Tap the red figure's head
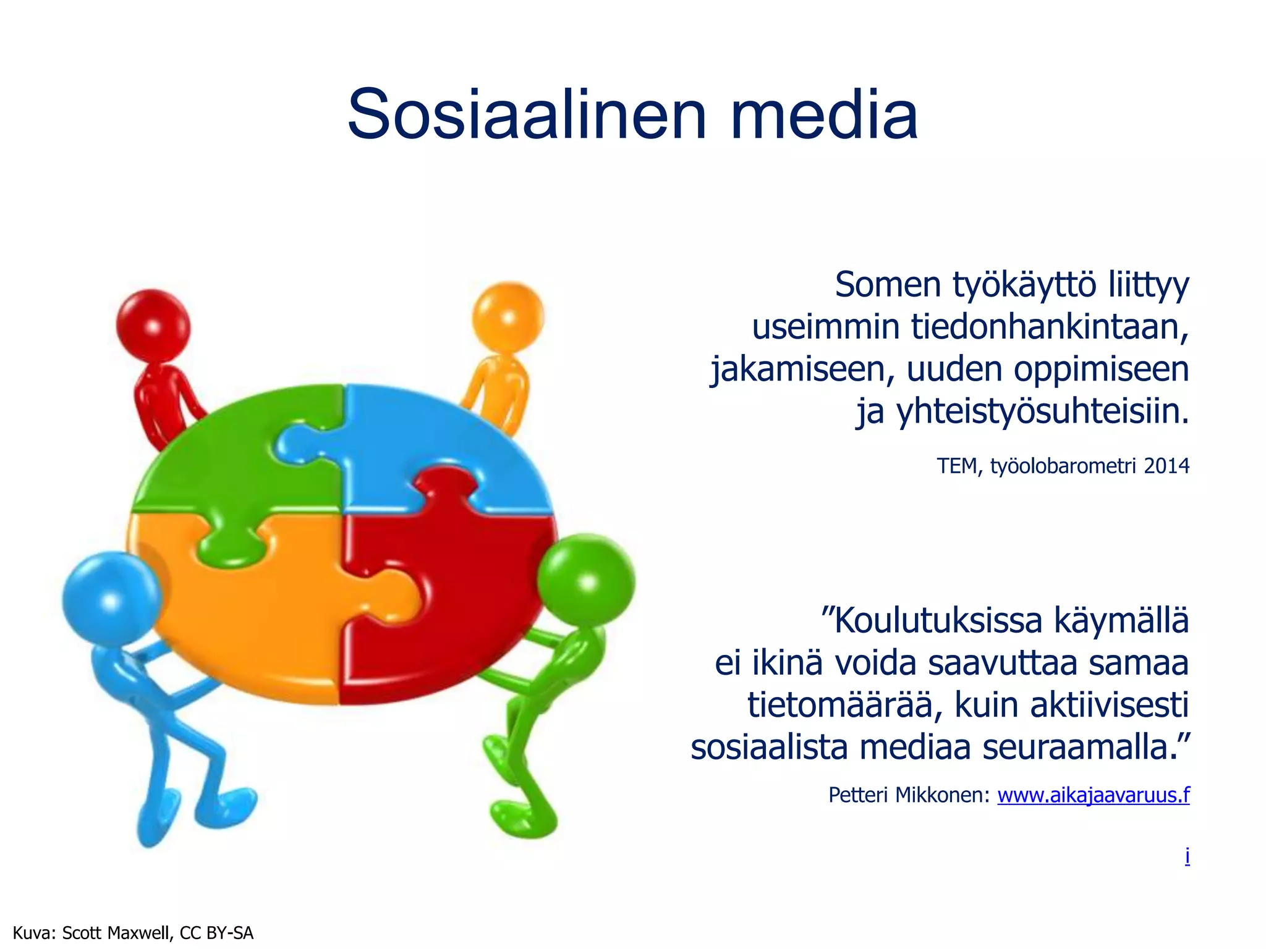153,326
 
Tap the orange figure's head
508,317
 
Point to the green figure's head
585,581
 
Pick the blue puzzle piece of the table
433,439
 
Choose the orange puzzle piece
247,618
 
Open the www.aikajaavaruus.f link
1093,795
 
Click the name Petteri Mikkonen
909,795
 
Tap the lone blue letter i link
1187,856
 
